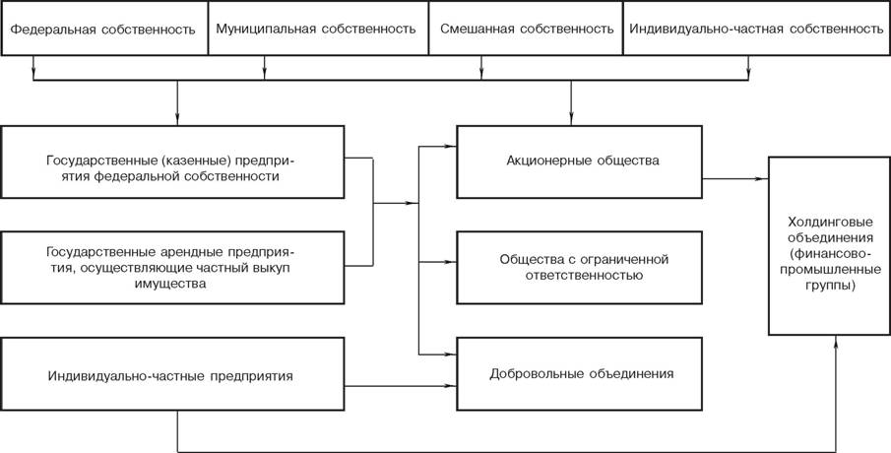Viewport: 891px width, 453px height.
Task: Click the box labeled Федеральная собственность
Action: click(104, 28)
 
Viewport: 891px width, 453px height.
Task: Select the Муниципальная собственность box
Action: click(318, 28)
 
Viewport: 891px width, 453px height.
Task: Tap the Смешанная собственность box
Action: click(526, 28)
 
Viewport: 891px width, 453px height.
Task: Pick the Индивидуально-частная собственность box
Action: click(757, 28)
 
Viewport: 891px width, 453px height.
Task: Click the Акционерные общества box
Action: click(580, 162)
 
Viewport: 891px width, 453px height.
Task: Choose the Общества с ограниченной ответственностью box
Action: click(580, 267)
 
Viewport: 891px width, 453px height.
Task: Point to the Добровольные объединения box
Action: click(580, 374)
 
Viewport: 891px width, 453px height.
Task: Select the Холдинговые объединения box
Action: click(829, 245)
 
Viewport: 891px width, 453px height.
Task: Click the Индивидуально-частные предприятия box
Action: click(172, 374)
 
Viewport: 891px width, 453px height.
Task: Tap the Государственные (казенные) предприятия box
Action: click(172, 162)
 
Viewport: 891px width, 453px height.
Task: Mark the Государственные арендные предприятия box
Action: click(172, 267)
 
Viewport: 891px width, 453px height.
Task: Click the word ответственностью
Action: click(580, 277)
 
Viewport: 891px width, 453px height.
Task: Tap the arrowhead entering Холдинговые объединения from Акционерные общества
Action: click(763, 178)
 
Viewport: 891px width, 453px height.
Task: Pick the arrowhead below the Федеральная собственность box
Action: click(33, 72)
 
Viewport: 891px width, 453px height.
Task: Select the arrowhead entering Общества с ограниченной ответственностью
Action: click(451, 262)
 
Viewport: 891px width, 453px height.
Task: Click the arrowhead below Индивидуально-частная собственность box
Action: click(748, 73)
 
